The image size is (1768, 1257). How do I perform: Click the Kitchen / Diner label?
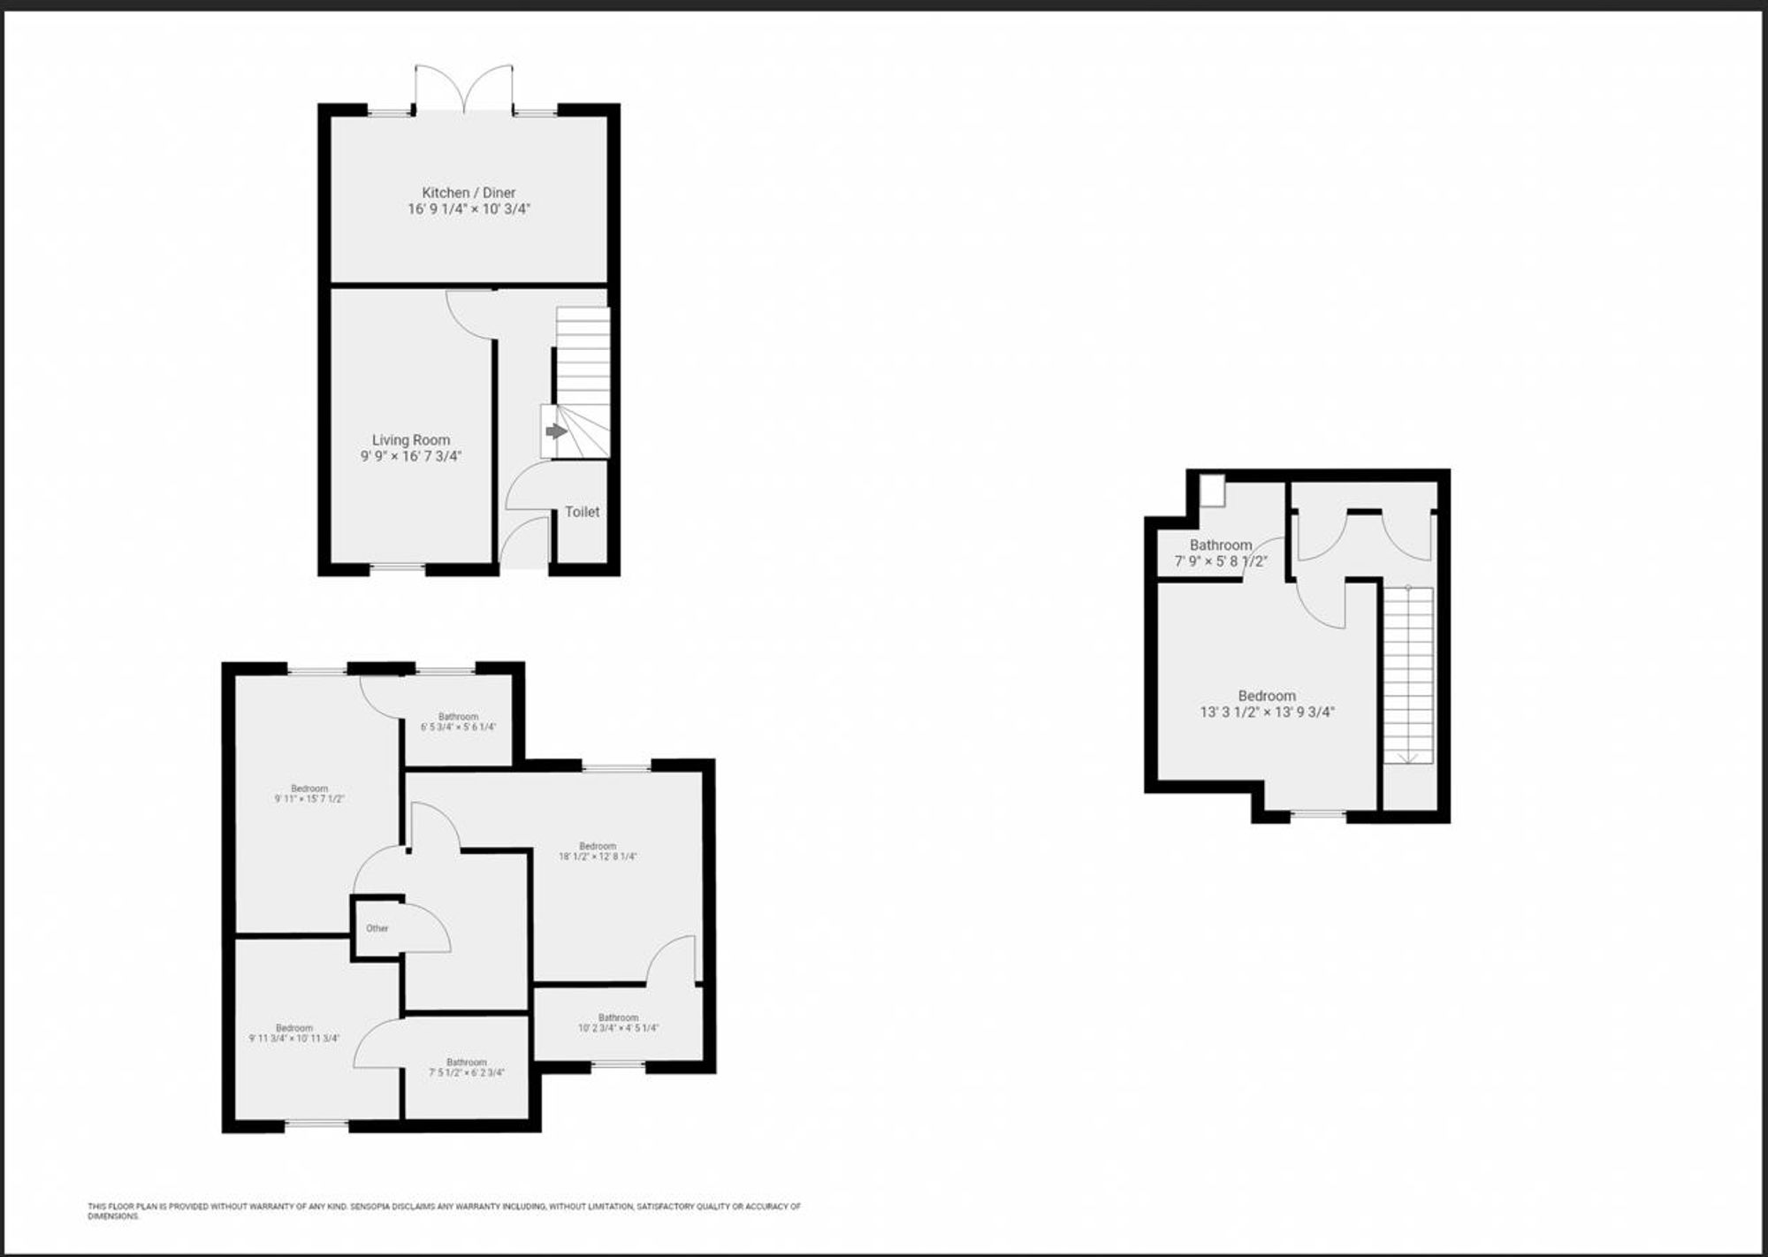click(x=469, y=193)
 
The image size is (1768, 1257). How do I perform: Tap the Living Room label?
click(x=411, y=440)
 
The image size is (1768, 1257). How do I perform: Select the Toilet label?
click(x=582, y=512)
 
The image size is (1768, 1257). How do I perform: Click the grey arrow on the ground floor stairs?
click(x=555, y=431)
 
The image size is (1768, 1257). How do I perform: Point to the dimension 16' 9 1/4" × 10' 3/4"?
click(x=469, y=209)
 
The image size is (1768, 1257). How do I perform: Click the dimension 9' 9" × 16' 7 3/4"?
click(x=411, y=456)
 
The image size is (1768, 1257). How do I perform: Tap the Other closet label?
click(x=377, y=928)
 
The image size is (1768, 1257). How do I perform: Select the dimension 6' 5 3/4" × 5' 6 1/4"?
click(x=458, y=728)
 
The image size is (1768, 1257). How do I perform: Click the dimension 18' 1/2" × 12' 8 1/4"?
click(x=598, y=857)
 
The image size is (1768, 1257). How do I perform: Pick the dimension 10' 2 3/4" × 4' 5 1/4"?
click(x=618, y=1028)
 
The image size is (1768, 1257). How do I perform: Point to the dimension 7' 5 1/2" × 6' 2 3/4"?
click(x=466, y=1072)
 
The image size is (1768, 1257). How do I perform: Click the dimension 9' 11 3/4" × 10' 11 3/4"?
click(x=294, y=1039)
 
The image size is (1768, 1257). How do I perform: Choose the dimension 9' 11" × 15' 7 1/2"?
click(x=309, y=799)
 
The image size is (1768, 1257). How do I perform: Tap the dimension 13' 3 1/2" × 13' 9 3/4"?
click(x=1267, y=712)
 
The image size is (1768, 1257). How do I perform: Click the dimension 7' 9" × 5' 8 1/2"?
click(x=1221, y=561)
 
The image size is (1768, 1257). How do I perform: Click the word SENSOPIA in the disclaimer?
click(x=370, y=1207)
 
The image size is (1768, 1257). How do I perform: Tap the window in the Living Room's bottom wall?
click(x=397, y=566)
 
